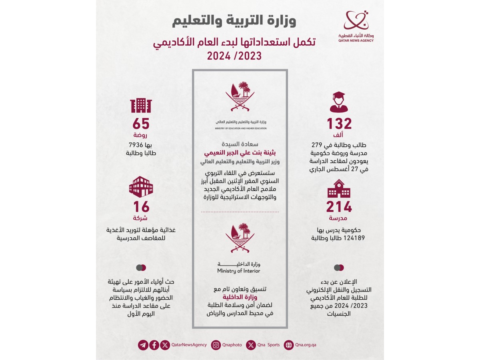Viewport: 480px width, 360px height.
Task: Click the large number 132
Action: (x=339, y=124)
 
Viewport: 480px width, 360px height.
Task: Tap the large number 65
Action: (x=140, y=124)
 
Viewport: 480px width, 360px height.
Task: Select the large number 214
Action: (x=339, y=207)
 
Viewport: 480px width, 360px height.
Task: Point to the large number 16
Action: (x=140, y=207)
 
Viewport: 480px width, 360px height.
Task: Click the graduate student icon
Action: (x=339, y=102)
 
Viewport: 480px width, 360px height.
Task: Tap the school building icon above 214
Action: (x=339, y=188)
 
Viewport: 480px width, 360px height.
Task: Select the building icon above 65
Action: (x=141, y=105)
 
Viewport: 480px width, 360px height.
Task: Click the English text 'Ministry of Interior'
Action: (x=239, y=271)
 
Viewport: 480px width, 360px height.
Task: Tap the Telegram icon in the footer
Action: (x=143, y=345)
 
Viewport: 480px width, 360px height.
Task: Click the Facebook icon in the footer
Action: (x=154, y=345)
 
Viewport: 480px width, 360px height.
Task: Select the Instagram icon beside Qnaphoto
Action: (x=216, y=345)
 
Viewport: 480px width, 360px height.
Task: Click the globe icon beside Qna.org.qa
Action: (x=288, y=345)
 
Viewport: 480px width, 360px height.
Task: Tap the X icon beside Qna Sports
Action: (x=251, y=345)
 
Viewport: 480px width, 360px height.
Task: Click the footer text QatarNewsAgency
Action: (x=189, y=345)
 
